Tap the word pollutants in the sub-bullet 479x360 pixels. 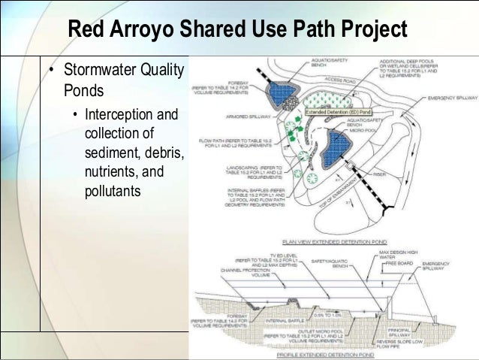pyautogui.click(x=113, y=191)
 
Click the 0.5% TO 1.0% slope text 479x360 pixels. pyautogui.click(x=326, y=314)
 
